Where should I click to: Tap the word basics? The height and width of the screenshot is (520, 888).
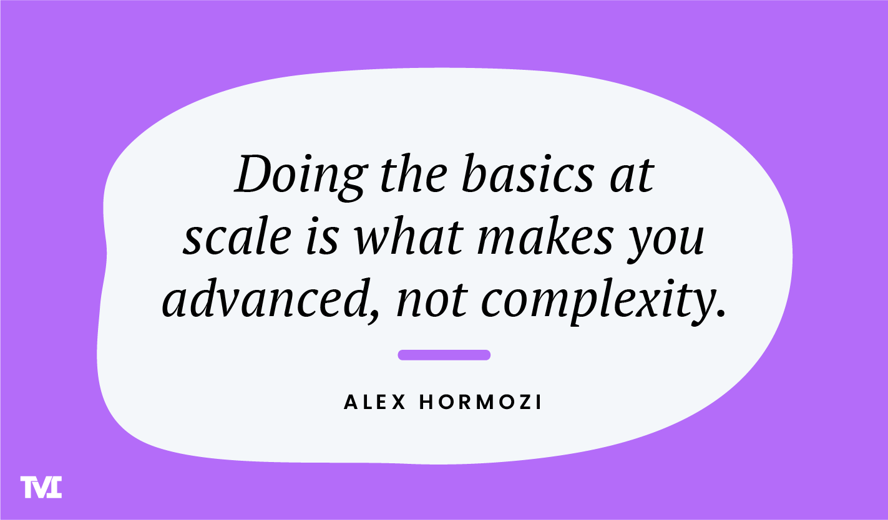529,175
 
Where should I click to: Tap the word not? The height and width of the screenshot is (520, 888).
431,301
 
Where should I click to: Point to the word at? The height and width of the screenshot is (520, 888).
632,176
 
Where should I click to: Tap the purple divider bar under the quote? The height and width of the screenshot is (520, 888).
444,355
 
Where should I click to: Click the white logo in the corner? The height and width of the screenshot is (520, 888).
41,487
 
